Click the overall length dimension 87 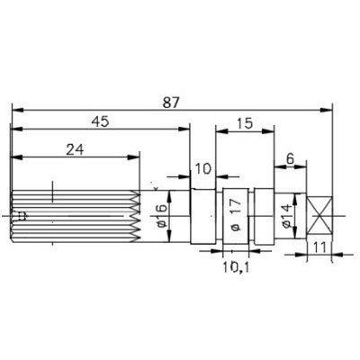pos(171,103)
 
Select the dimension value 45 pos(101,122)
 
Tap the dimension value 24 pos(75,149)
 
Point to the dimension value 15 pos(245,123)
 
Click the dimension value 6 pos(290,159)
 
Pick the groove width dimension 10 pos(203,169)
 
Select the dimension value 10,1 pos(236,266)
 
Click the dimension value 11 pos(319,247)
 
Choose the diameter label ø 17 pos(236,214)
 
